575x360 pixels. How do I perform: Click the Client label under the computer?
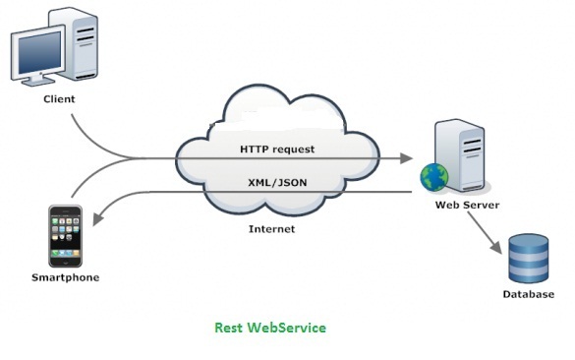tap(59, 99)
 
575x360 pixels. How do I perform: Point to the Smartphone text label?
tap(65, 277)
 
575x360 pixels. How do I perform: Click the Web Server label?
tap(468, 206)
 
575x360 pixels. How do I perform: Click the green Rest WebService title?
tap(270, 328)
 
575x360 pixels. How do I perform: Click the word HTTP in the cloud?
tap(256, 149)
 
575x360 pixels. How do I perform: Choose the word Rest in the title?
tap(230, 328)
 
